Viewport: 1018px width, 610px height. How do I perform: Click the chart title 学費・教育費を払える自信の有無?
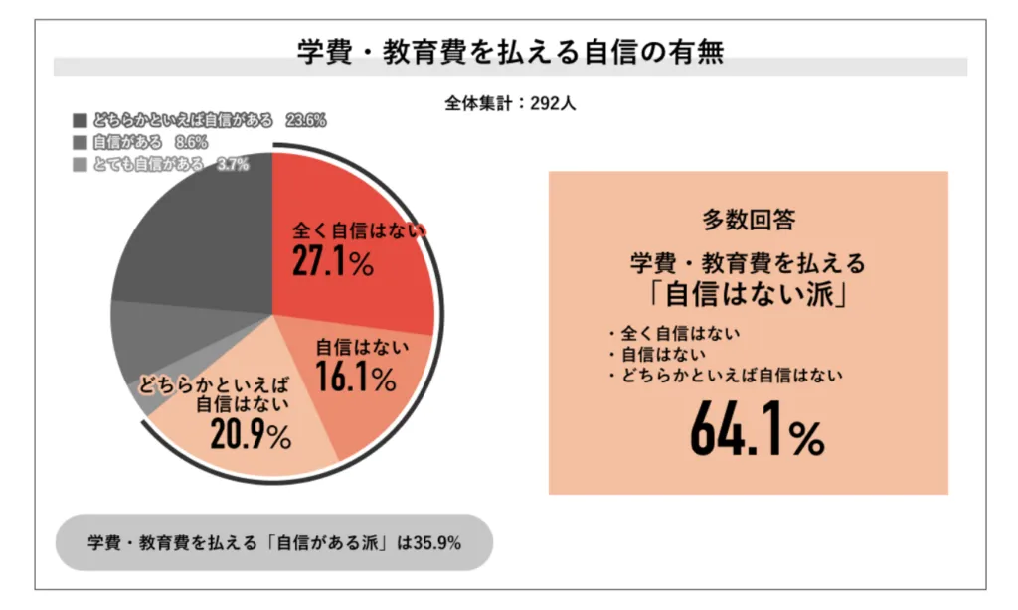click(x=509, y=51)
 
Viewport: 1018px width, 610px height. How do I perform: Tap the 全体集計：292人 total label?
click(x=509, y=101)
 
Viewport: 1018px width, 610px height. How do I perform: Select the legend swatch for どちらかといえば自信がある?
click(x=81, y=120)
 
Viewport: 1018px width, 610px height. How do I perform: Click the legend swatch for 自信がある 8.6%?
click(x=81, y=142)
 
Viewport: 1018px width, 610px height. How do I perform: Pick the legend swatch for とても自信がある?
click(x=81, y=164)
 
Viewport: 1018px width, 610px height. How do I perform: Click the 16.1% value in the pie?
click(x=355, y=378)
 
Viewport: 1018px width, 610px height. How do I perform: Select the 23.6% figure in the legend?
click(x=305, y=120)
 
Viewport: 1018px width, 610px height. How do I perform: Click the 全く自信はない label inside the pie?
click(x=357, y=231)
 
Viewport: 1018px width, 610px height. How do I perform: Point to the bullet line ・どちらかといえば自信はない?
click(x=725, y=375)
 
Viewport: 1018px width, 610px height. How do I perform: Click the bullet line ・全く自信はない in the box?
click(x=675, y=333)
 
